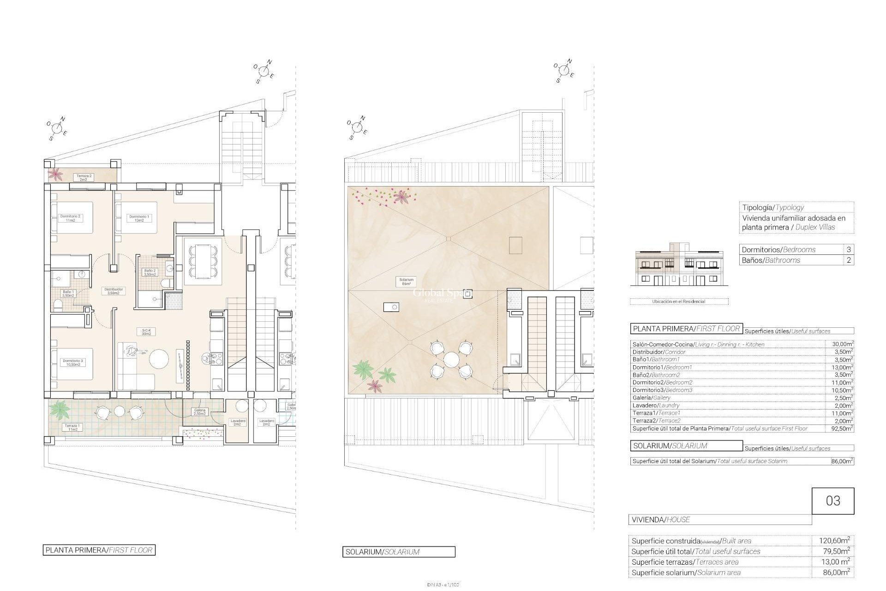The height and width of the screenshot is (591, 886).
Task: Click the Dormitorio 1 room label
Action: [x=139, y=218]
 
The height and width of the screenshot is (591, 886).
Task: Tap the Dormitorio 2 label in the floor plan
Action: [x=70, y=218]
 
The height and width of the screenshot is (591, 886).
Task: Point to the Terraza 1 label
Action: [x=72, y=428]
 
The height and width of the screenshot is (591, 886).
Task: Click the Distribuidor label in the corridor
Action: [x=113, y=291]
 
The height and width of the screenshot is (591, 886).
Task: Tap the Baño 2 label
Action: [x=151, y=272]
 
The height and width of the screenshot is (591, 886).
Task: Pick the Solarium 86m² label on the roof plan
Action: [x=407, y=282]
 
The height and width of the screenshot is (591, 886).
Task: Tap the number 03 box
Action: [x=832, y=501]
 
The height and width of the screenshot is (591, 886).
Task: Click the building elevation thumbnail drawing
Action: [x=679, y=270]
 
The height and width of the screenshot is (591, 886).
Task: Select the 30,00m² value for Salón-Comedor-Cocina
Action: [x=839, y=344]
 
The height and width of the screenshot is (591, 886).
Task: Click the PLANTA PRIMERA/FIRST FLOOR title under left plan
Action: [x=99, y=550]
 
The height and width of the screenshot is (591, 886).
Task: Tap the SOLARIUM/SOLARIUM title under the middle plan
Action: [x=399, y=552]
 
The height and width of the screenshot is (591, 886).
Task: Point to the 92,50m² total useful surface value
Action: [x=839, y=428]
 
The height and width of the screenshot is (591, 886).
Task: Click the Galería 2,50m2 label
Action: [x=199, y=412]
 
